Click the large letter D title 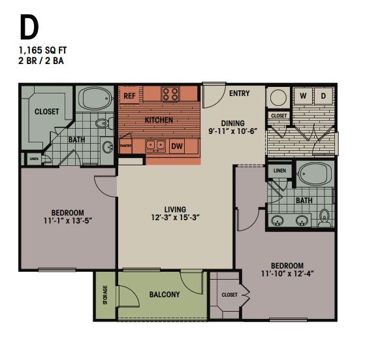(x=29, y=27)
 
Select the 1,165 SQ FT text (x=42, y=50)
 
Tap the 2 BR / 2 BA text (x=42, y=61)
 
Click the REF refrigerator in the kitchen (x=129, y=95)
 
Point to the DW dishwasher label (x=176, y=146)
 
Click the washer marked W (x=304, y=96)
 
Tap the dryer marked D (x=323, y=96)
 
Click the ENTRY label (x=239, y=93)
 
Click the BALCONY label (x=164, y=295)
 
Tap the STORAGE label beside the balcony (x=104, y=295)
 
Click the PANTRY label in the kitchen (x=125, y=146)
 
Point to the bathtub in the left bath (x=97, y=99)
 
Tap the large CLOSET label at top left (x=46, y=112)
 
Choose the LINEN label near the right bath (x=279, y=171)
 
